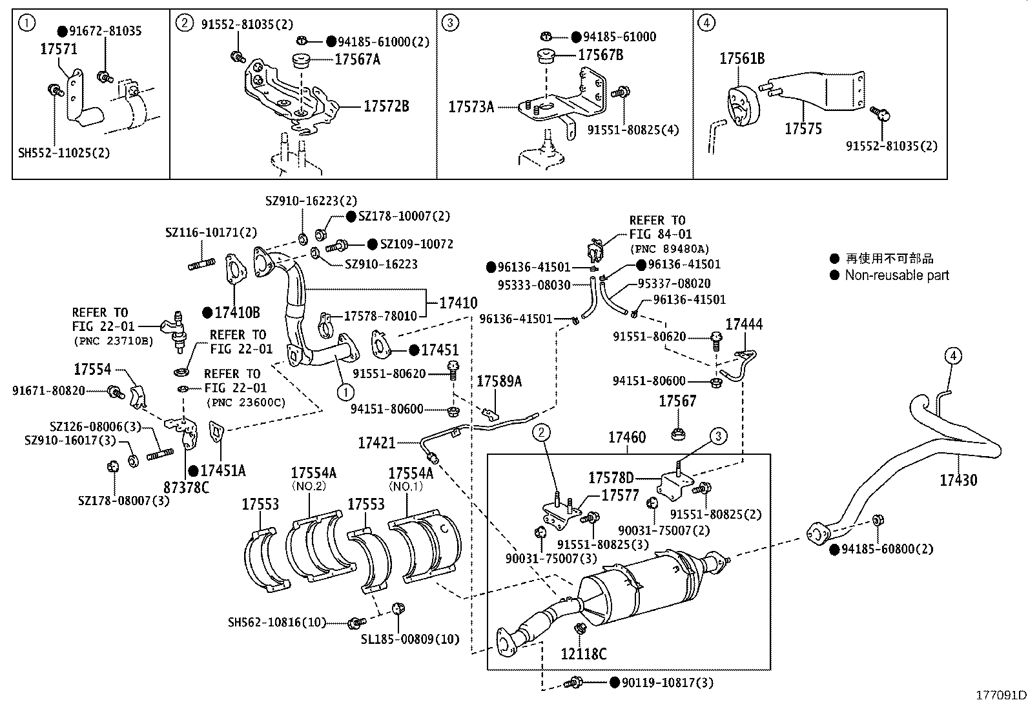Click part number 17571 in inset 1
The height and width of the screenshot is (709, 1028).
(59, 49)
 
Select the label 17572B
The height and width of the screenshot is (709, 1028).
(385, 106)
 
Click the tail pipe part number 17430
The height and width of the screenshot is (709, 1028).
(958, 480)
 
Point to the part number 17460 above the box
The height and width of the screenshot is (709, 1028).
(626, 438)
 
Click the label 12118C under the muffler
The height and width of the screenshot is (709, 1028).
(583, 654)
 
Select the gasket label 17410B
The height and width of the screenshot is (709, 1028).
(237, 313)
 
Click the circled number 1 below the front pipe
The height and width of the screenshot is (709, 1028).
(345, 391)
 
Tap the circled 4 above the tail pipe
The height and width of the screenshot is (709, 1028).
(954, 355)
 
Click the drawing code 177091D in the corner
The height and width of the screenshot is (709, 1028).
(1000, 695)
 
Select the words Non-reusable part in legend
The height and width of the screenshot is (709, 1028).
(897, 275)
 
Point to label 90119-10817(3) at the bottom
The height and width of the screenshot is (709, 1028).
(667, 683)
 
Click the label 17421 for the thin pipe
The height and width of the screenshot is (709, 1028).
(377, 443)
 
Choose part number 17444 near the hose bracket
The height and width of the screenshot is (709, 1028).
(743, 325)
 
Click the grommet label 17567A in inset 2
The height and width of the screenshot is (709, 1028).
(358, 59)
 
